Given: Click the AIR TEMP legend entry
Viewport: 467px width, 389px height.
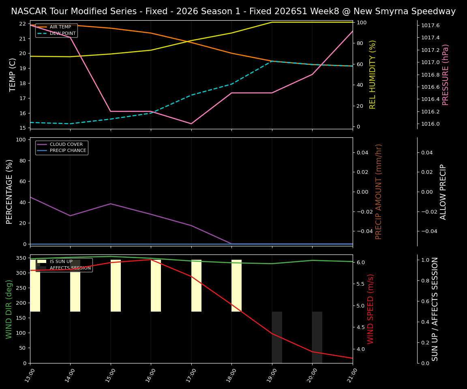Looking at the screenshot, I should pos(60,27).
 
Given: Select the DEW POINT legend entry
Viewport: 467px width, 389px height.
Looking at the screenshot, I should pos(62,33).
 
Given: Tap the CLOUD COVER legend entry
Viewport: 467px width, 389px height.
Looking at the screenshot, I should pos(66,144).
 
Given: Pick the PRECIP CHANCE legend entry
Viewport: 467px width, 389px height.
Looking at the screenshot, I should pos(68,151).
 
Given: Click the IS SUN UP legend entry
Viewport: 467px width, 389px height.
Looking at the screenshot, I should pos(61,262).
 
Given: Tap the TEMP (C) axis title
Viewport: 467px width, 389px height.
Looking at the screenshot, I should pos(13,75).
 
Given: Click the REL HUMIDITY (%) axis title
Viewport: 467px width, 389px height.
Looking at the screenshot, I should pos(373,75).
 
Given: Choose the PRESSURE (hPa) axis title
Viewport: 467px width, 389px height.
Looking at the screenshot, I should pos(446,75).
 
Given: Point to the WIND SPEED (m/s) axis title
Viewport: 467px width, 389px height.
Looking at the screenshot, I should pos(371,309).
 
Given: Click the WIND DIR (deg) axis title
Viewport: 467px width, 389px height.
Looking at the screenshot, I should pos(9,309).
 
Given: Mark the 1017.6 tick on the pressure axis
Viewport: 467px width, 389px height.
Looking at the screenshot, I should pos(431,26).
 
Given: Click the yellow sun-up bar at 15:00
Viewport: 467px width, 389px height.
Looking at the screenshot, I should pos(116,286).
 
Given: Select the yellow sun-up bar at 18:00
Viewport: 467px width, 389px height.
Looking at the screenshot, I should pos(236,286).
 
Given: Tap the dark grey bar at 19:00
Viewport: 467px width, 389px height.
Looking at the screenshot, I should pos(277,337).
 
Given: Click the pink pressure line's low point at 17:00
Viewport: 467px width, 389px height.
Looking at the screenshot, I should pos(191,124).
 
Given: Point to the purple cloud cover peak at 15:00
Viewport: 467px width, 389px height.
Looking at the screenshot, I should pos(111,204).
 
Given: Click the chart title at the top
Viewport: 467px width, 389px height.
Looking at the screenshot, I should pos(233,11).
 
